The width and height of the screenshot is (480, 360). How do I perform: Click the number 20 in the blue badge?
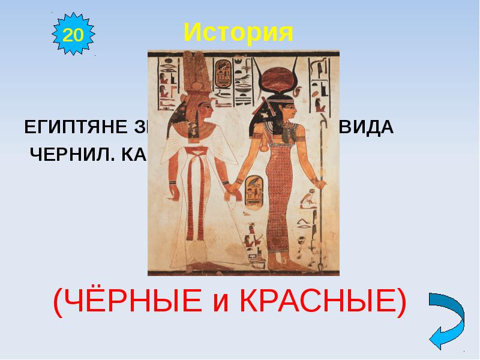coord(73,34)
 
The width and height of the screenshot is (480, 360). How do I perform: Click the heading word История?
coord(238,32)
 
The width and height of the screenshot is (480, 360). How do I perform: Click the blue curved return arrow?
coord(446,318)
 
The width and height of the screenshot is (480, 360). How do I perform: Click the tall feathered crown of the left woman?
coord(194,72)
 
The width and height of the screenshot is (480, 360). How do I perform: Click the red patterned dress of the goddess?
coord(281,198)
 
